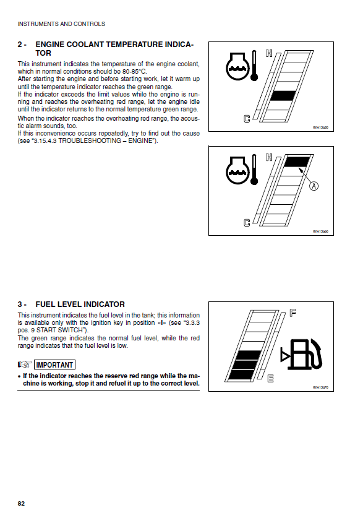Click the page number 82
tap(21, 504)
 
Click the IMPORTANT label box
tap(54, 365)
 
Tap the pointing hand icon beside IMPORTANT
tap(25, 365)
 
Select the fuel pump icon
tap(301, 354)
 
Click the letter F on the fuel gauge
tap(293, 312)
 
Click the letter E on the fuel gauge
tap(270, 378)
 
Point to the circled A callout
tap(314, 186)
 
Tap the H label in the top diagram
tap(269, 53)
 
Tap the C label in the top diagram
tap(247, 118)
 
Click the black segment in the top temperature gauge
tap(283, 96)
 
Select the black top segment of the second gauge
tap(297, 162)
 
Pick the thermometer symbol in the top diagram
tap(254, 66)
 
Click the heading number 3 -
tap(22, 304)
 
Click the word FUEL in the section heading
tap(45, 304)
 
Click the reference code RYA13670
tap(321, 387)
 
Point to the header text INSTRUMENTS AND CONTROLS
tap(61, 24)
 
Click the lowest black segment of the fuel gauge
tap(242, 375)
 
